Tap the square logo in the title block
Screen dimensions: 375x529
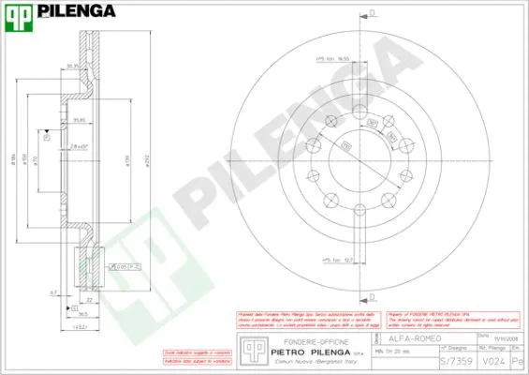click(250, 348)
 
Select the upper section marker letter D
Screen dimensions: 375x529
click(372, 12)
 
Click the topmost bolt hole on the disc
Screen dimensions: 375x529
click(360, 111)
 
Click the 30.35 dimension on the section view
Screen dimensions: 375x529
click(72, 66)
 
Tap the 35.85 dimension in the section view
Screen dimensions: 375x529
click(80, 120)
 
